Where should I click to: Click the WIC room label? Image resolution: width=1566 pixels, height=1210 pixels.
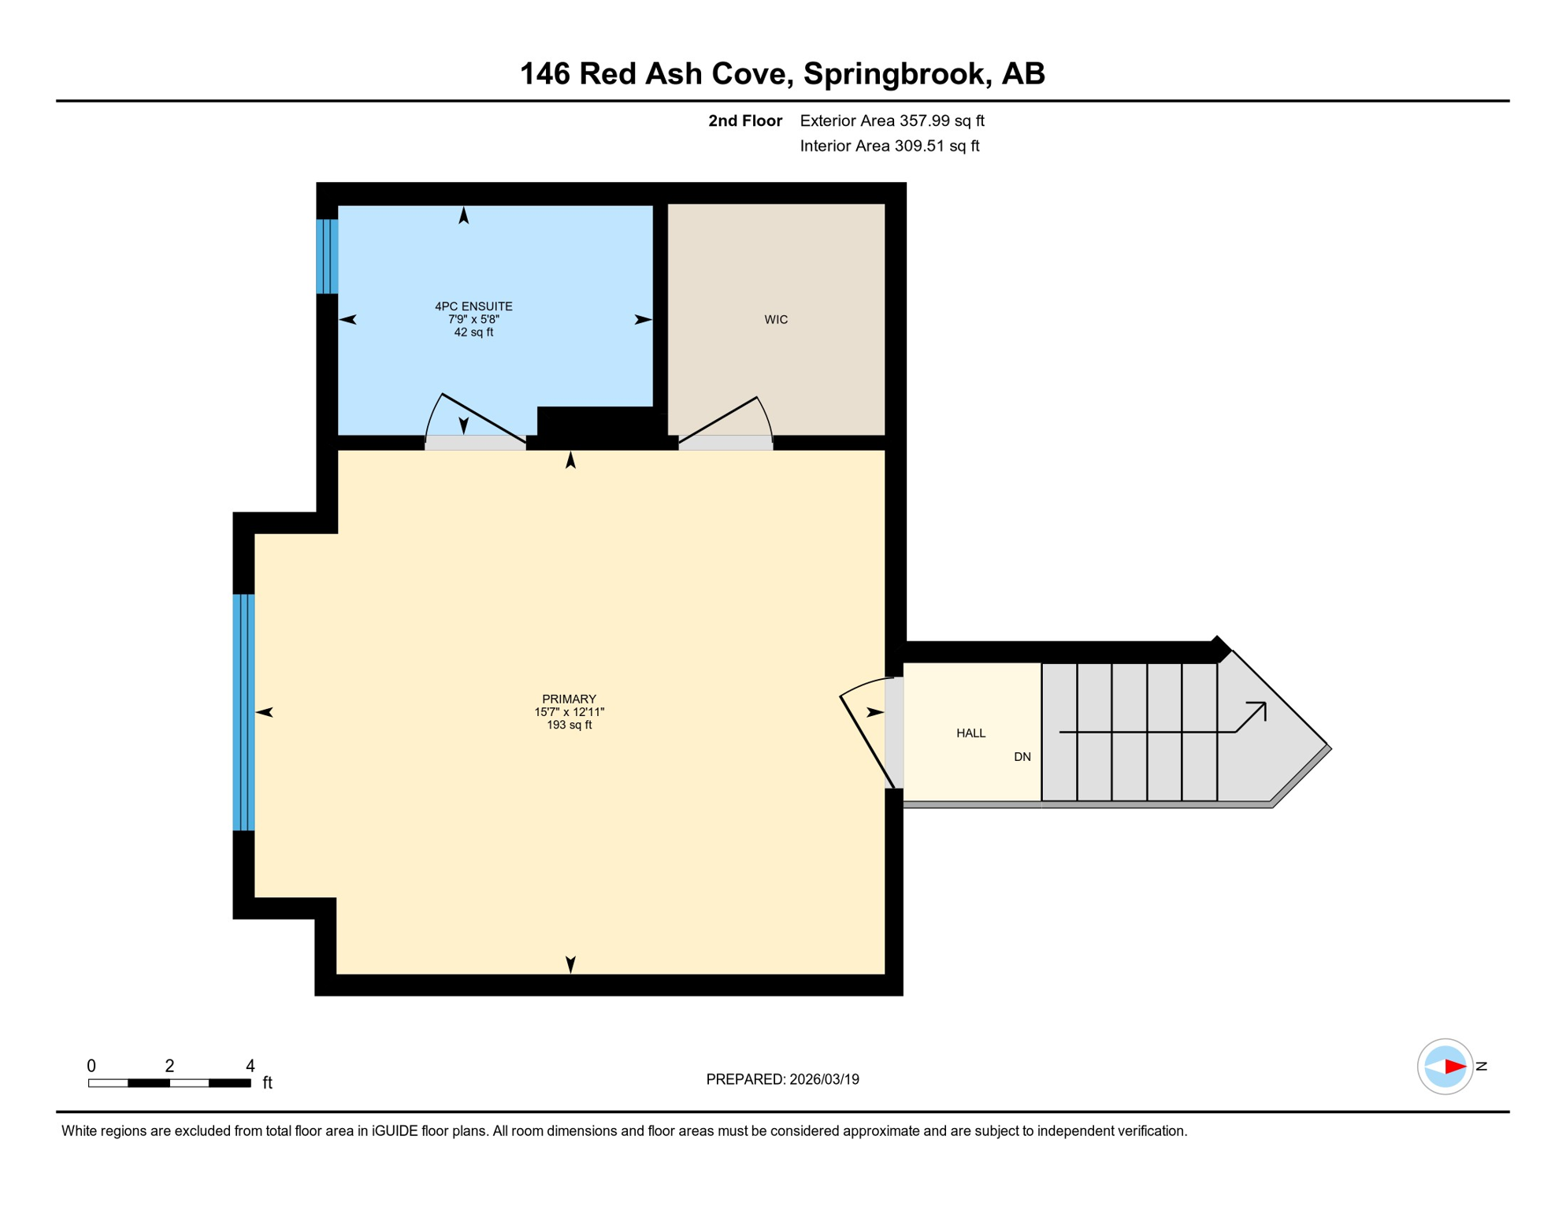tap(775, 319)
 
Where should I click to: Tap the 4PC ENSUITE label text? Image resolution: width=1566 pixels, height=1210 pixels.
tap(473, 306)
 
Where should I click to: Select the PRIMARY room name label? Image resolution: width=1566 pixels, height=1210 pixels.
tap(569, 699)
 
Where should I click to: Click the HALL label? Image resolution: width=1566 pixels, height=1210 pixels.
tap(970, 733)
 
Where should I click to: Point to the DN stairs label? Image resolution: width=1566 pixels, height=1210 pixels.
tap(1022, 756)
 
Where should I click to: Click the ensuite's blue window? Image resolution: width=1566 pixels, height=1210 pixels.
tap(327, 256)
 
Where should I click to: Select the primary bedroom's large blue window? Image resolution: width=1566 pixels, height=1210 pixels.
tap(243, 711)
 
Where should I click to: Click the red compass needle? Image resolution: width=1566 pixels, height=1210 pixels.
tap(1455, 1067)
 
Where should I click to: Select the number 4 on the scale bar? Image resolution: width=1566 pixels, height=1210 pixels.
tap(250, 1065)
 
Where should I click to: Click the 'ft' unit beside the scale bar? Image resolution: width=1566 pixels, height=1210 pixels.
tap(267, 1082)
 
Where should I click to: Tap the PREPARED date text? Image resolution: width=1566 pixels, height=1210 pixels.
tap(782, 1079)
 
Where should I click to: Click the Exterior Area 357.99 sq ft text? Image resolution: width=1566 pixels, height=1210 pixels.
tap(892, 121)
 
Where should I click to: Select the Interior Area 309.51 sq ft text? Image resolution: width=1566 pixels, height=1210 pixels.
tap(889, 146)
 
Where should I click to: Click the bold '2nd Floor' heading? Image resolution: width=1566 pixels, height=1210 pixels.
tap(744, 121)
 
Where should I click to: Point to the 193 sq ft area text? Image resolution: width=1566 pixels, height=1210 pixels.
tap(569, 725)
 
